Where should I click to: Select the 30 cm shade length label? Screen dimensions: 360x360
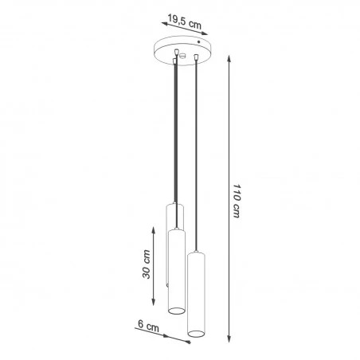pos(144,266)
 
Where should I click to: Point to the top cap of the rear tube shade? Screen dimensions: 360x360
pos(174,205)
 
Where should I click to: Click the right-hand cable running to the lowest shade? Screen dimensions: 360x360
pos(195,159)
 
